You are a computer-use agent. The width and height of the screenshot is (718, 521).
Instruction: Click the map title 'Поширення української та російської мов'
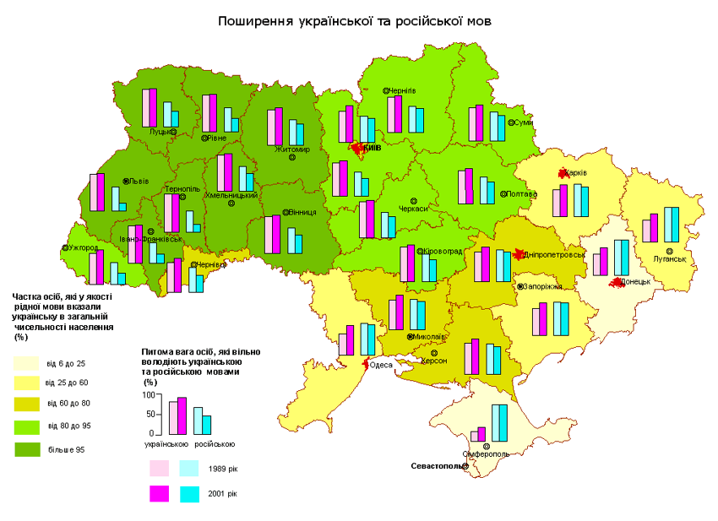pos(354,20)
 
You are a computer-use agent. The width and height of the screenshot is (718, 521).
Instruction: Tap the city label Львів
pos(139,181)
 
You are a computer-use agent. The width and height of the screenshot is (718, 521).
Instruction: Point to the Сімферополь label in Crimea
pos(486,453)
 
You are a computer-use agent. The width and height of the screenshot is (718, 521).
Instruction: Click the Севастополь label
pos(437,466)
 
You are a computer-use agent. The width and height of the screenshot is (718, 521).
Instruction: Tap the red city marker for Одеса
pos(366,365)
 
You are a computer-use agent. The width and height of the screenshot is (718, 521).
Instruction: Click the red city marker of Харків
pos(562,173)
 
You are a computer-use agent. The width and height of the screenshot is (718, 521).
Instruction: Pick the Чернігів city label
pos(402,90)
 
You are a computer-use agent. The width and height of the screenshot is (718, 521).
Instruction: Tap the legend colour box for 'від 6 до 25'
pos(26,363)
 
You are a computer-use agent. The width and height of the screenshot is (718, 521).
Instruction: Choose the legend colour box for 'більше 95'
pos(26,450)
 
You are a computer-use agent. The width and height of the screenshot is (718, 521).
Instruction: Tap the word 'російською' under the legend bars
pos(214,444)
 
